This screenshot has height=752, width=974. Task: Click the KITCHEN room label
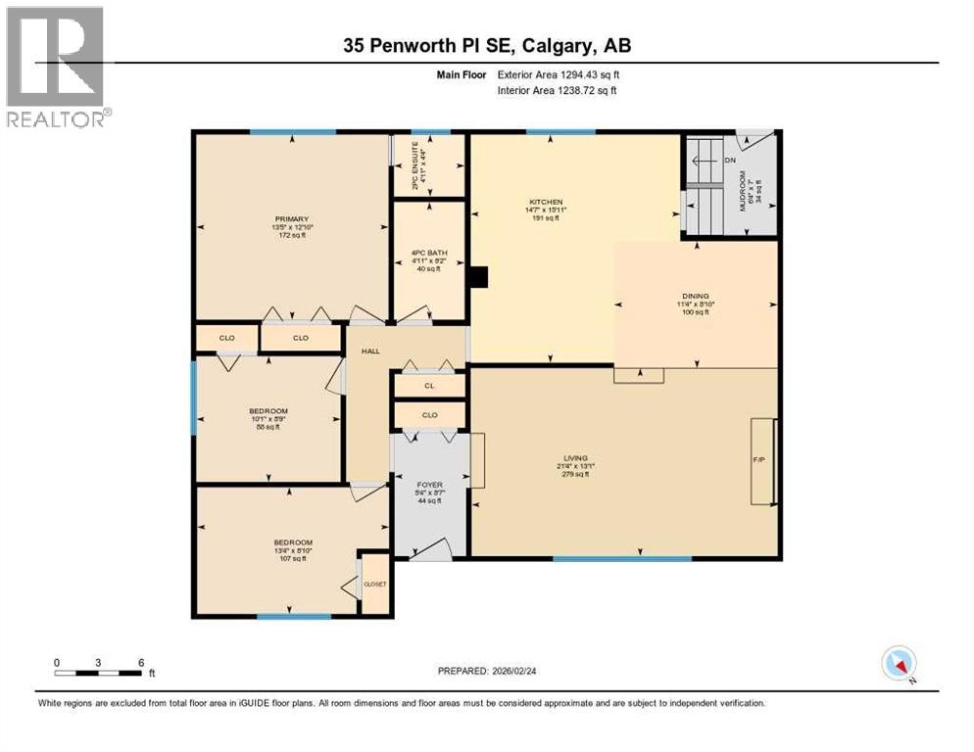545,202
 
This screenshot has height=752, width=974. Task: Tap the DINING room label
695,295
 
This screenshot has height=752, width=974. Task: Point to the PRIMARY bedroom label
292,218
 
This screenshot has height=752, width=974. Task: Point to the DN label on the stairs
729,161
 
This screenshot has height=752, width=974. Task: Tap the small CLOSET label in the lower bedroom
375,585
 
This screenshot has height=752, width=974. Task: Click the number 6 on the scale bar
141,662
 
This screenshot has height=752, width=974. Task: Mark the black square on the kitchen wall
477,278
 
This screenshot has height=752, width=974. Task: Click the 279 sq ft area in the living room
575,475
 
